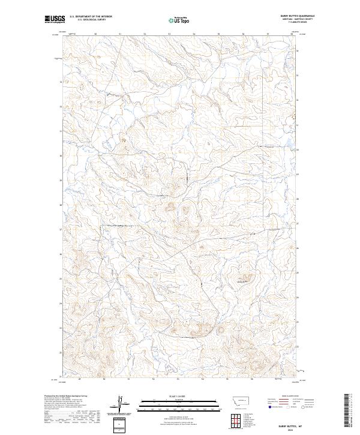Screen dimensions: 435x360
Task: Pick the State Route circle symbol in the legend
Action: [x=304, y=407]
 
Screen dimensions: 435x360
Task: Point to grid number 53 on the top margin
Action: [x=169, y=34]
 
